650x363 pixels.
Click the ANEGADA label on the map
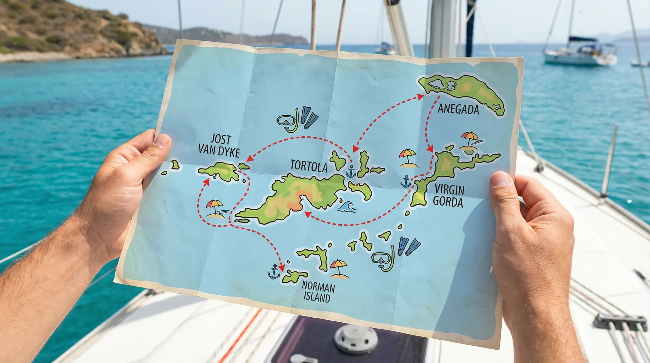[x=458, y=109]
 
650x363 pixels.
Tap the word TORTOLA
[x=309, y=166]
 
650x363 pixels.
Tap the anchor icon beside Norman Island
[x=273, y=272]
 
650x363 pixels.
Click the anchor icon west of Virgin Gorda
[x=405, y=181]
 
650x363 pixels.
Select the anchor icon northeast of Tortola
[x=351, y=171]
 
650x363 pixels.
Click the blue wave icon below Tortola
[x=347, y=206]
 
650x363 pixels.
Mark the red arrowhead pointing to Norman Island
[x=281, y=268]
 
